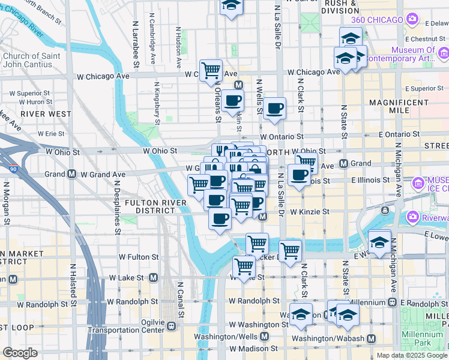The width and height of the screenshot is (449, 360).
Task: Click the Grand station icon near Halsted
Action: click(71, 175)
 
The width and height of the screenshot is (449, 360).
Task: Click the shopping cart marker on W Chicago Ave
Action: click(211, 70)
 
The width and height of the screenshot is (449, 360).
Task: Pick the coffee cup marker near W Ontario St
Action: click(274, 108)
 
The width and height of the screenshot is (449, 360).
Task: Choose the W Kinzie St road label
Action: click(310, 212)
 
